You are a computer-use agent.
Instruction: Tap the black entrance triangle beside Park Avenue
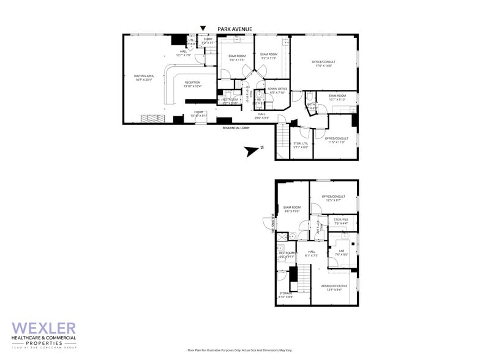click(x=203, y=28)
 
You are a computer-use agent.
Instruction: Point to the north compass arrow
click(x=251, y=149)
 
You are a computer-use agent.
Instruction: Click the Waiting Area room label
click(x=144, y=78)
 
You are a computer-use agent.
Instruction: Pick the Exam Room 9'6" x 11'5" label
click(x=238, y=58)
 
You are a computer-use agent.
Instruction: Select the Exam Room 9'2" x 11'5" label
click(x=269, y=56)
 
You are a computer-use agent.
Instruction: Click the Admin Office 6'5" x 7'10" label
click(x=277, y=91)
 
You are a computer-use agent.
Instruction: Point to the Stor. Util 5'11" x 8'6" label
click(x=300, y=145)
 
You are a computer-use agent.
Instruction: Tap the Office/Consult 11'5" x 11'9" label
click(x=336, y=140)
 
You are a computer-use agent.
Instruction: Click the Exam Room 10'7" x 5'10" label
click(x=337, y=97)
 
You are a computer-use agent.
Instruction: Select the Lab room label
click(x=342, y=252)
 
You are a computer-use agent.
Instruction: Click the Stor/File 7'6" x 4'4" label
click(x=341, y=222)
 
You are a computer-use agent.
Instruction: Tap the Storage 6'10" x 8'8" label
click(x=286, y=295)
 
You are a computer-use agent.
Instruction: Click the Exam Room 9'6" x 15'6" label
click(x=291, y=209)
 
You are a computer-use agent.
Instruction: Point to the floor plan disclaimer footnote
click(x=240, y=350)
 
